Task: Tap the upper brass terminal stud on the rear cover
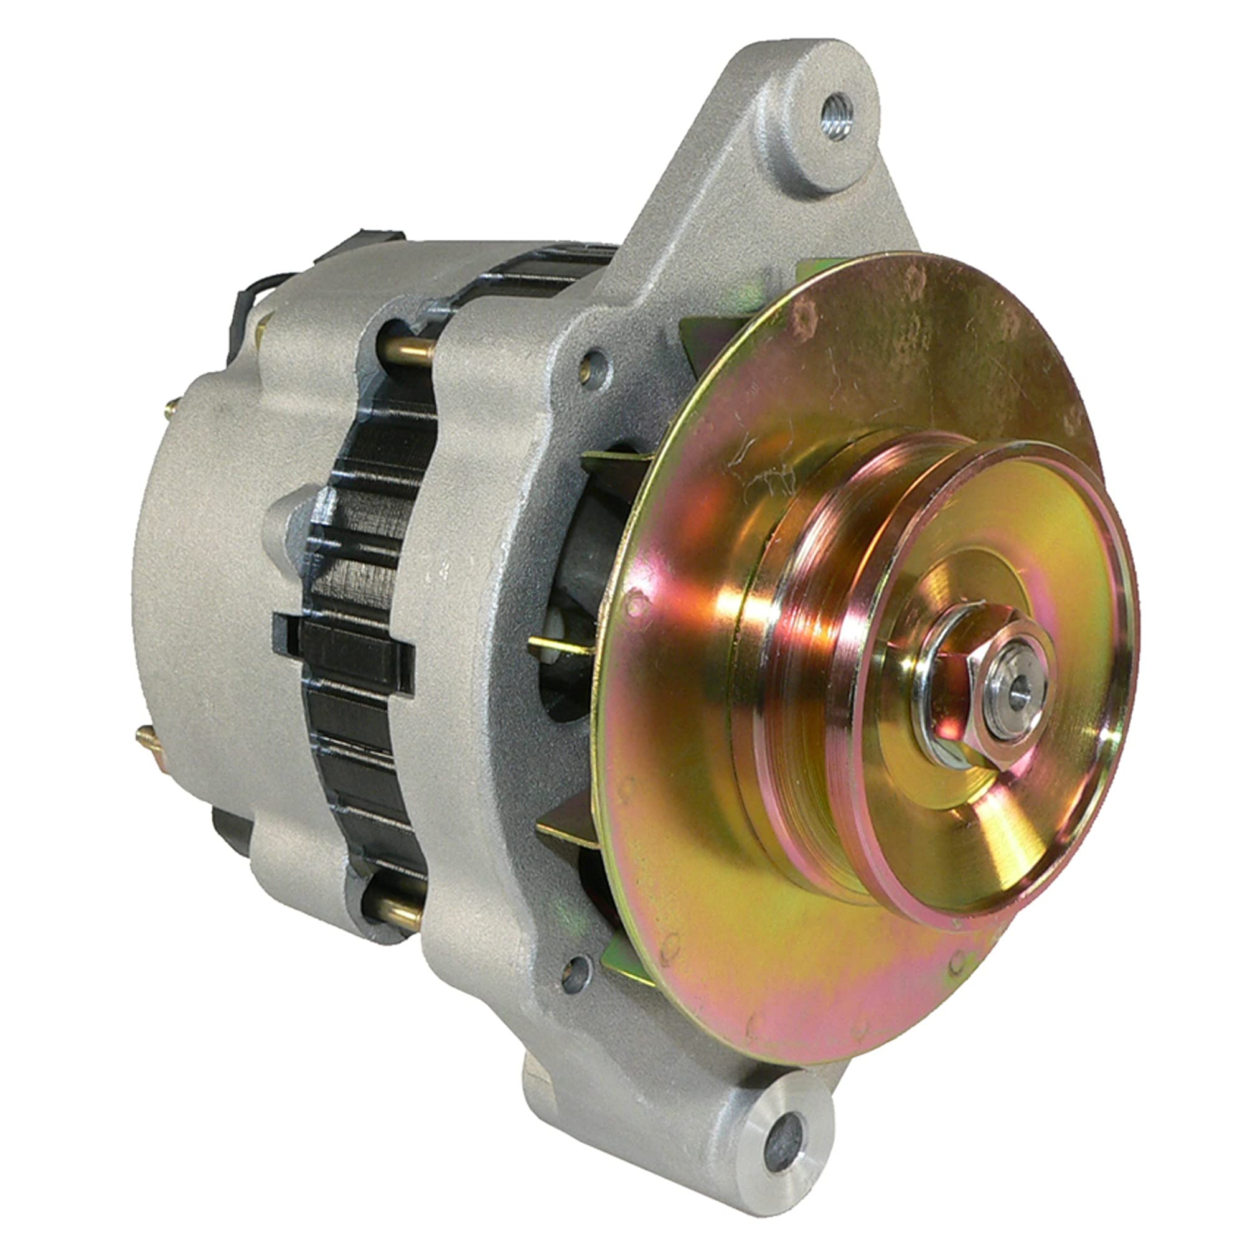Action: [172, 406]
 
